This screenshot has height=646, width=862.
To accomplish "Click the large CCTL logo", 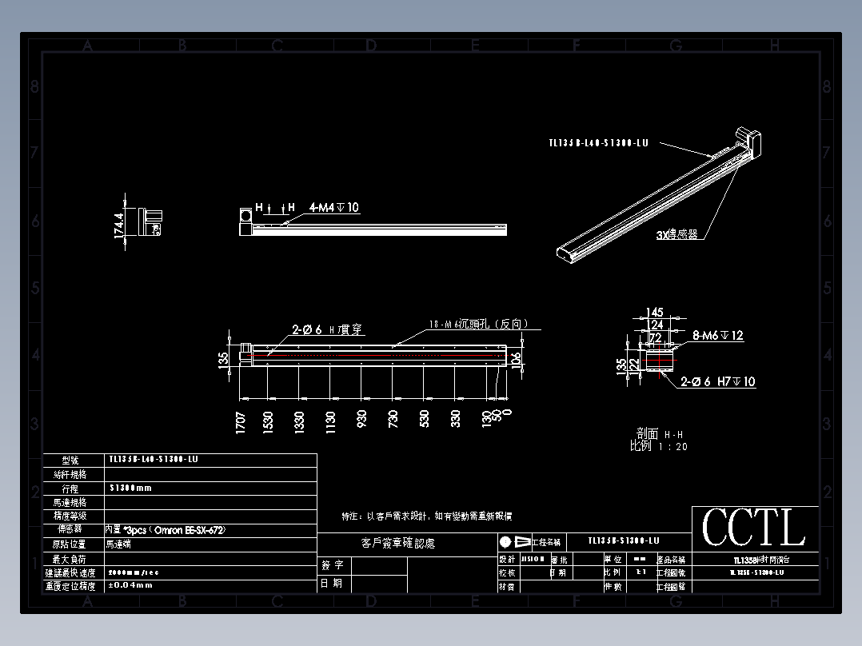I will pos(754,528).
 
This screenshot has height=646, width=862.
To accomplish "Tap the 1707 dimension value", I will pos(241,421).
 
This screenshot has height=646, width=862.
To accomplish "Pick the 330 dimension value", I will pos(456,418).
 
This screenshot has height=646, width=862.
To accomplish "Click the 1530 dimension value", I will pos(269,421).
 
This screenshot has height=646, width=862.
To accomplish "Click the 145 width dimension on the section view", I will pos(654,312).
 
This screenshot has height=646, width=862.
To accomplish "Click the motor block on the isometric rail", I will pos(751,142).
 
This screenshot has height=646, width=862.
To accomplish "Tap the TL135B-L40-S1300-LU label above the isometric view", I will pos(598,143).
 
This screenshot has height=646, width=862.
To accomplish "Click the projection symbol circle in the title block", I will pos(505,541).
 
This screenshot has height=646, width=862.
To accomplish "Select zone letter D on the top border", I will pos(371,46).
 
